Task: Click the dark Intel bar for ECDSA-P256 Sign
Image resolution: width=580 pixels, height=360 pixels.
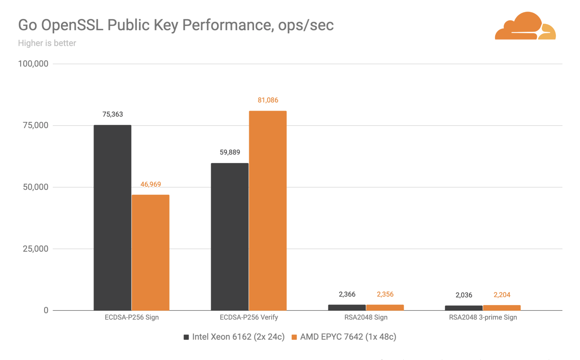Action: pos(112,218)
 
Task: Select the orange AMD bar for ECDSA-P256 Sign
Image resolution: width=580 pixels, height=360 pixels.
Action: pos(151,253)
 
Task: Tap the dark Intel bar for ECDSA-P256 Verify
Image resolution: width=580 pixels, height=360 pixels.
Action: pos(230,237)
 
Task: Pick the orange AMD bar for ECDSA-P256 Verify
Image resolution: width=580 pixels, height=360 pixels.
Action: pos(268,210)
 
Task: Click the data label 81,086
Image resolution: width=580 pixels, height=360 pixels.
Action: pos(268,100)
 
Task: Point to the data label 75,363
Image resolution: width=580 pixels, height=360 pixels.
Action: pos(113,114)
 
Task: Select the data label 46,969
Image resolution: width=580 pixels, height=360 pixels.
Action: pos(151,184)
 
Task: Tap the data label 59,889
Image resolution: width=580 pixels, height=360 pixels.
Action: pos(230,152)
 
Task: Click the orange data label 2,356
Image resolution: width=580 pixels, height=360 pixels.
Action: pos(385,294)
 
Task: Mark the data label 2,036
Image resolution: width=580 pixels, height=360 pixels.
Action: pos(464,295)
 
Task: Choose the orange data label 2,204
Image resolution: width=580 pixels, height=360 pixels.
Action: pos(502,295)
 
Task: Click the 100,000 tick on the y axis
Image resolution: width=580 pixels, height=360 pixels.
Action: pos(33,64)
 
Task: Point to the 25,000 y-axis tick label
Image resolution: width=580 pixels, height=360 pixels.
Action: pos(36,249)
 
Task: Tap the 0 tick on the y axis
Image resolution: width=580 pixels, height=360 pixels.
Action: pos(46,310)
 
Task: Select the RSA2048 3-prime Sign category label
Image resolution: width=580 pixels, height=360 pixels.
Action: pos(483,317)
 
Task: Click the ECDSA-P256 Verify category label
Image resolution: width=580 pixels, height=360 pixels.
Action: pos(249,317)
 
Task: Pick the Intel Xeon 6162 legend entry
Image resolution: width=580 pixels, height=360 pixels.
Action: pos(234,337)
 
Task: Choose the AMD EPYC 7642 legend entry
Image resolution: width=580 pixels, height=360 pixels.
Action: pos(344,337)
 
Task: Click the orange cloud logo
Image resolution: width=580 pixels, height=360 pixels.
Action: pos(525,26)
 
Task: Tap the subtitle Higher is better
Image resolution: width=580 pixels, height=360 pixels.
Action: pos(47,43)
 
